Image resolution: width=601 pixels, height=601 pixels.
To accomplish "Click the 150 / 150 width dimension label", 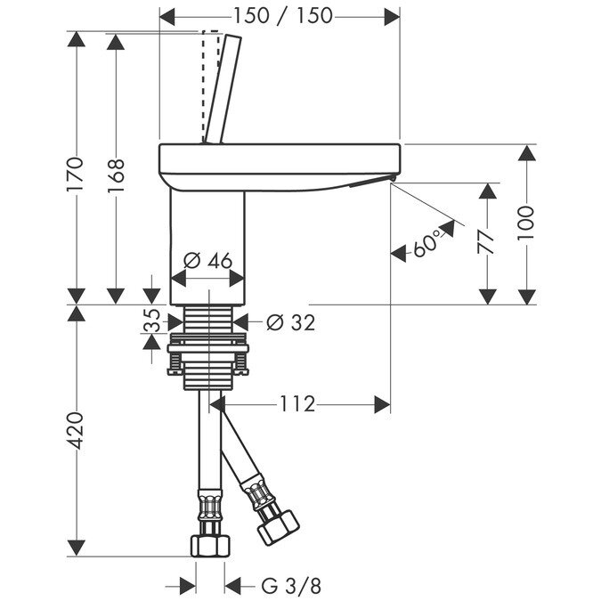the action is tap(283, 16).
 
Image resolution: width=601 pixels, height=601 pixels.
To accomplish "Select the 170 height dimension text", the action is tap(75, 175).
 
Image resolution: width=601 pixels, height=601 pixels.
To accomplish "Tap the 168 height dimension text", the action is tap(116, 175).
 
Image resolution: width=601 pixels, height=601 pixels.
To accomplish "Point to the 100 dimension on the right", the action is tap(525, 223).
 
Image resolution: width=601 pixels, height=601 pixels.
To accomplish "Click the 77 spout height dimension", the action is tap(486, 242).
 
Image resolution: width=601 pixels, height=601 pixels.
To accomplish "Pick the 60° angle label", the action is tap(426, 243).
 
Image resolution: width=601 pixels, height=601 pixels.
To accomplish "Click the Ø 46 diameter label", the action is tap(208, 261).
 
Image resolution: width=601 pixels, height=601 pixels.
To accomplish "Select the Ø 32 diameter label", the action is tap(291, 322).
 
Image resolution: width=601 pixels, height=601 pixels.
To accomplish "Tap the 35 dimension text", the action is tap(151, 320).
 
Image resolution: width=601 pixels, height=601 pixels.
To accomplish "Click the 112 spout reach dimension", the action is tap(297, 403).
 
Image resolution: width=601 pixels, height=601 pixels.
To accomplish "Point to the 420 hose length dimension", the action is tap(75, 430).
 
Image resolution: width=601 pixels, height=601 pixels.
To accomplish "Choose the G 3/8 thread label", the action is tap(291, 587).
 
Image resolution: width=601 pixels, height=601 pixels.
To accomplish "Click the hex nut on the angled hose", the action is tap(279, 526).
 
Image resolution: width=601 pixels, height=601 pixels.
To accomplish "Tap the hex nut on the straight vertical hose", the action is tap(210, 546).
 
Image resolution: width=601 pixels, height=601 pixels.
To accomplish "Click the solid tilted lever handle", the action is tap(223, 89).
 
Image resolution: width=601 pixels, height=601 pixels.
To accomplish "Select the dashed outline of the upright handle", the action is tap(210, 85).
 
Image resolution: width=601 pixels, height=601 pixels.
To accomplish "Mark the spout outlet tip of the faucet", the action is tap(392, 179).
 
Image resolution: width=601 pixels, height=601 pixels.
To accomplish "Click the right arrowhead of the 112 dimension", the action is tap(382, 404).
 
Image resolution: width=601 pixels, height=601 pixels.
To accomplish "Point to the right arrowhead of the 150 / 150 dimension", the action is tap(392, 17).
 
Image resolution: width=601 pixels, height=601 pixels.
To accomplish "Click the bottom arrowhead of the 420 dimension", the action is tap(76, 548).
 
